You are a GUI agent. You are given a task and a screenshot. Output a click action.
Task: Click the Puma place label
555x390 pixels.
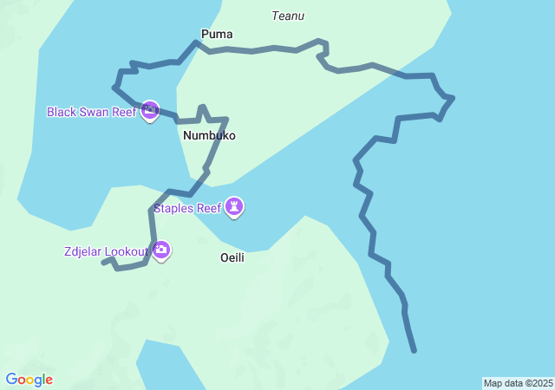[x=217, y=35]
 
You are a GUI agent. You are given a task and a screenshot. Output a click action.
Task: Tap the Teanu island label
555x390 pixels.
[x=288, y=16]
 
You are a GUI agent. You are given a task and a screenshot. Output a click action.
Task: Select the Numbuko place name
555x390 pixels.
[x=209, y=136]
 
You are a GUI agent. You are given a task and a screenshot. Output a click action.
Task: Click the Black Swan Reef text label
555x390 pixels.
[x=91, y=113]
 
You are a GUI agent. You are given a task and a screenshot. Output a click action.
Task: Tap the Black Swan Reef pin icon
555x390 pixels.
[x=149, y=111]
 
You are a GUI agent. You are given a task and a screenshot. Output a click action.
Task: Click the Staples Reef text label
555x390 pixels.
[x=187, y=208]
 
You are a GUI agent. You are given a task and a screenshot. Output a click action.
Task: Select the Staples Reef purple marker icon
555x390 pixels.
[x=234, y=206]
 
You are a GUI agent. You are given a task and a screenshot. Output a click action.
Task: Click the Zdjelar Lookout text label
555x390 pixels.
[x=106, y=252]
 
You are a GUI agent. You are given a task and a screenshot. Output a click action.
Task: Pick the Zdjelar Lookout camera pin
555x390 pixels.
[x=161, y=250]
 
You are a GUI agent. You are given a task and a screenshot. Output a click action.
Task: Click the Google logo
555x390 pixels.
[x=29, y=380]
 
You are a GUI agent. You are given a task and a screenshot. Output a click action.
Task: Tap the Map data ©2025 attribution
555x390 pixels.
[x=518, y=383]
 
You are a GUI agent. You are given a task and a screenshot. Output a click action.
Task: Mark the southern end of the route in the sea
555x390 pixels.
[x=415, y=350]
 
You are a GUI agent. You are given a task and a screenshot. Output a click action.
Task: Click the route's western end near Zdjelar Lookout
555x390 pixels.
[x=103, y=262]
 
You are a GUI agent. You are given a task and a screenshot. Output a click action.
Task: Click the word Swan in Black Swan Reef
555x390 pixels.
[x=95, y=113]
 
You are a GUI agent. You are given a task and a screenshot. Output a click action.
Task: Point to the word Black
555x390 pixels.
[x=62, y=113]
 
